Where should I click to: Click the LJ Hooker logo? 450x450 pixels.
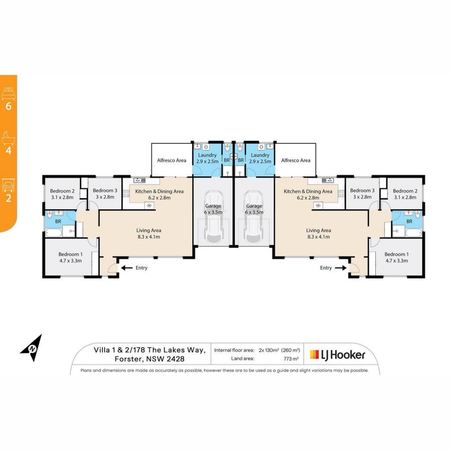337,355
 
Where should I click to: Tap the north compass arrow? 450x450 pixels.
32,348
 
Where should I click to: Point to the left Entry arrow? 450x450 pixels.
127,268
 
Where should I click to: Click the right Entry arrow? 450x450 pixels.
341,268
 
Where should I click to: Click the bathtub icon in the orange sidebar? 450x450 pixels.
8,138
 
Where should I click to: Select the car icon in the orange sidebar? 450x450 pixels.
8,185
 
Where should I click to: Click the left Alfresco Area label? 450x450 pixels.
172,160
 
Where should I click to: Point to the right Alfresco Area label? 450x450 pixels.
296,160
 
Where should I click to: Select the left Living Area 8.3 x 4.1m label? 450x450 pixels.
149,234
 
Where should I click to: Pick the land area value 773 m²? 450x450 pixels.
291,359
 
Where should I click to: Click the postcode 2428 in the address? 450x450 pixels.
175,359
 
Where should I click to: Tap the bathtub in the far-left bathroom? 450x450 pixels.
53,233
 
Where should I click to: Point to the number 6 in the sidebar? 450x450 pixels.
9,106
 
